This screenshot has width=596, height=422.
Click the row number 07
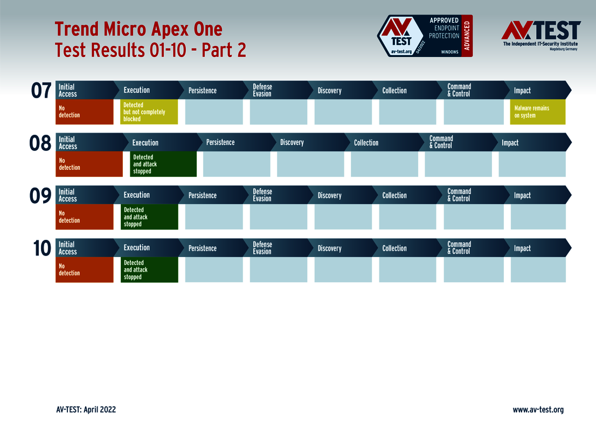click(x=41, y=91)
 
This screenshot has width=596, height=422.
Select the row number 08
click(x=40, y=143)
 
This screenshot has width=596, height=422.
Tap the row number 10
click(x=41, y=248)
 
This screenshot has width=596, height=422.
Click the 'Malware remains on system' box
click(x=537, y=112)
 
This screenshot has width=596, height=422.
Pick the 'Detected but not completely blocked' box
click(x=149, y=112)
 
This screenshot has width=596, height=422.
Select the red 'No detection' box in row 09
click(x=85, y=217)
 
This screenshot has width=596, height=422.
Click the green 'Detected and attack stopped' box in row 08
click(x=163, y=164)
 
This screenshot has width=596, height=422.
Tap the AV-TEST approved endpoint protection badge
click(x=425, y=36)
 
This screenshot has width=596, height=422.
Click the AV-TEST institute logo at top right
click(x=540, y=36)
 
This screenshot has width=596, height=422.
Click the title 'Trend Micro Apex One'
click(x=138, y=29)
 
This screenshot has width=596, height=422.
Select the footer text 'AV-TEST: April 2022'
click(x=86, y=410)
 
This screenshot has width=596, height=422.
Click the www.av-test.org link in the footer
click(x=538, y=410)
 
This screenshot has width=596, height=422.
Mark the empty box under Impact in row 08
click(x=532, y=164)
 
